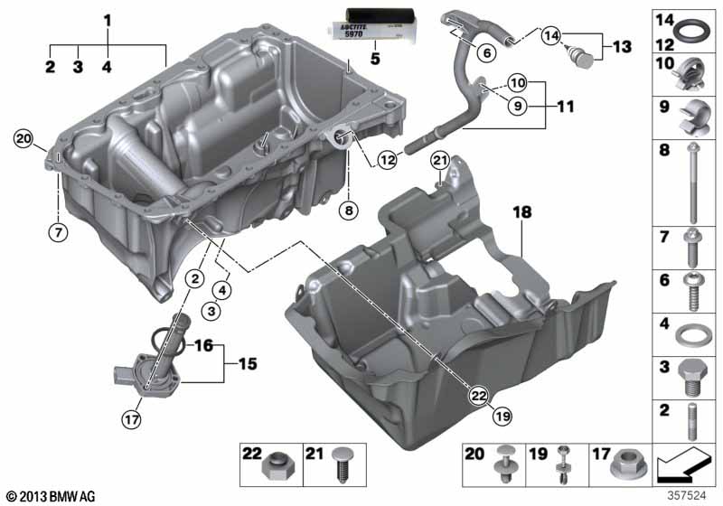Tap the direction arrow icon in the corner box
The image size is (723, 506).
tap(686, 466)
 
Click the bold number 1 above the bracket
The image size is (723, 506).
tap(107, 19)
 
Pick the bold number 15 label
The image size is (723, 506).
tap(246, 365)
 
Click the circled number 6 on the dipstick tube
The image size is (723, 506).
tap(487, 53)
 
